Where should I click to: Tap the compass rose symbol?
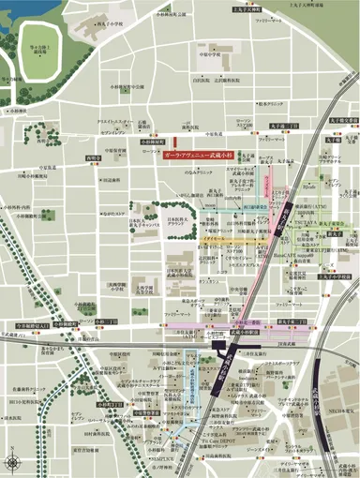click(13, 460)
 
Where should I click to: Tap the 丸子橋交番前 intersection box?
click(338, 121)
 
